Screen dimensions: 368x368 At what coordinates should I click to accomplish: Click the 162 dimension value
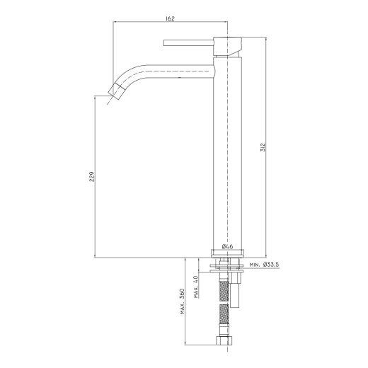click(x=170, y=18)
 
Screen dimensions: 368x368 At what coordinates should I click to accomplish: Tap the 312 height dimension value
click(x=263, y=147)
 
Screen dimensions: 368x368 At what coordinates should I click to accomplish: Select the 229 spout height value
click(x=91, y=177)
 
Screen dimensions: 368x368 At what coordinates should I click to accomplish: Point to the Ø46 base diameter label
click(x=228, y=246)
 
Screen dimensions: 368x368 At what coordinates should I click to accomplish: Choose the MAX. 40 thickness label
click(x=196, y=287)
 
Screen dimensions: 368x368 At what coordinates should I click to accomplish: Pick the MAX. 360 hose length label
click(x=183, y=301)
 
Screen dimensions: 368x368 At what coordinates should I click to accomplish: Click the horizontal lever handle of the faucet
click(x=188, y=43)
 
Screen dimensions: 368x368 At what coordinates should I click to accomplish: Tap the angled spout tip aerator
click(x=117, y=91)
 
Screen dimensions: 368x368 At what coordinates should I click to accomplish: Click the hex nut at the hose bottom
click(x=224, y=341)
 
